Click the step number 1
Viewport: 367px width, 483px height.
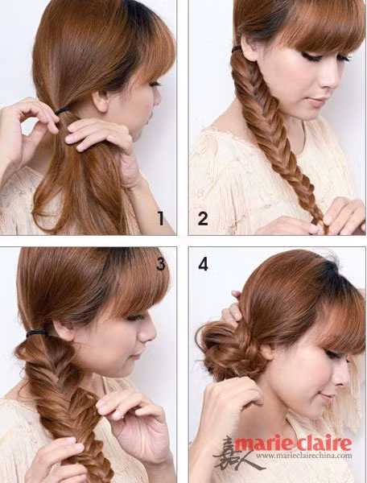coord(161,218)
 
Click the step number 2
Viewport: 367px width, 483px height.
coord(203,218)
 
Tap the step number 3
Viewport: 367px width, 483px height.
coord(160,264)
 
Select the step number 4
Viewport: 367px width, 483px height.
coord(203,264)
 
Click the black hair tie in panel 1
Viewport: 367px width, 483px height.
coord(63,109)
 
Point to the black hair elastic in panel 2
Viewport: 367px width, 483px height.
coord(237,48)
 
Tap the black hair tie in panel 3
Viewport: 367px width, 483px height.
coord(37,332)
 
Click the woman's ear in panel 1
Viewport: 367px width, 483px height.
coord(101,101)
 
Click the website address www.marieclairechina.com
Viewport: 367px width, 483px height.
coord(303,456)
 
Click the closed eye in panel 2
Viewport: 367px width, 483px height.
coord(310,56)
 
